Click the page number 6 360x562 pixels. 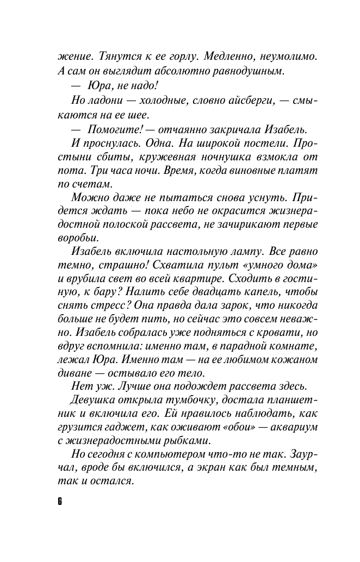tap(60, 501)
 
